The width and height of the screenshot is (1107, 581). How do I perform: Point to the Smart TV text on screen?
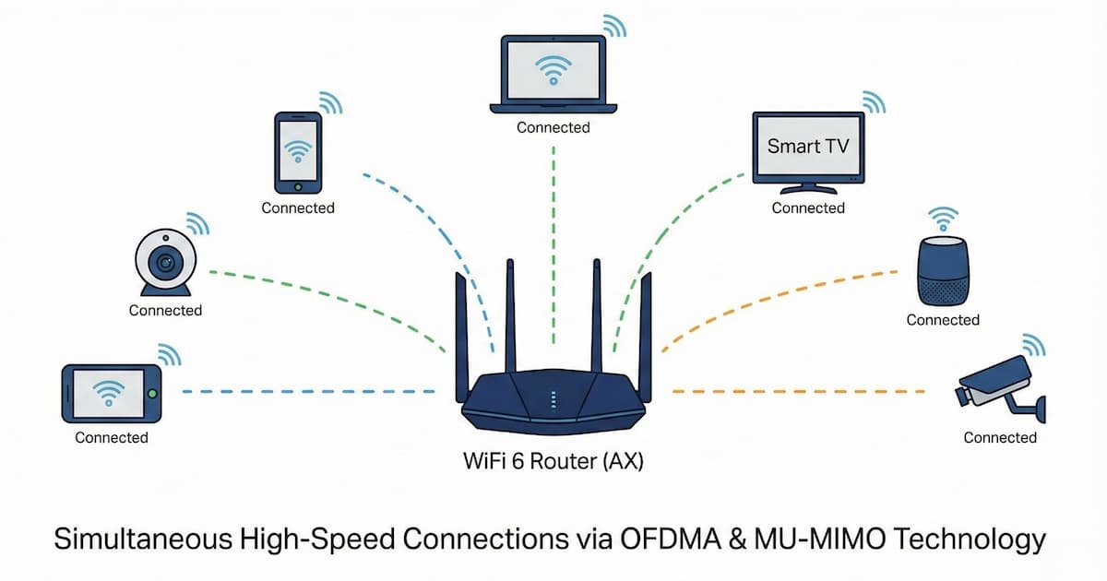[x=808, y=146]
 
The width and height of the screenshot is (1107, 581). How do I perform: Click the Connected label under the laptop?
[x=553, y=127]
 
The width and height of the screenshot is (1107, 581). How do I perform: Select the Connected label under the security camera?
[x=1000, y=437]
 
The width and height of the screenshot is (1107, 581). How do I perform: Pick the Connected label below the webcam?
[x=165, y=310]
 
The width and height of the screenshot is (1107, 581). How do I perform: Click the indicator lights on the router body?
[x=553, y=399]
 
